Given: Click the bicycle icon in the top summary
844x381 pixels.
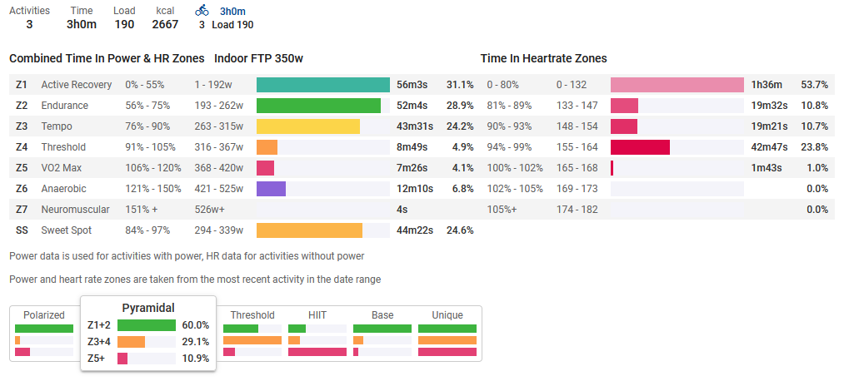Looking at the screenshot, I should tap(202, 11).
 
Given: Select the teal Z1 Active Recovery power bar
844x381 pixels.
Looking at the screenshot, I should tap(322, 85).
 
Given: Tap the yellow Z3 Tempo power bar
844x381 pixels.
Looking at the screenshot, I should tap(307, 126).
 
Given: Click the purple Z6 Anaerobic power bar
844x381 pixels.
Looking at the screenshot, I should tap(271, 189).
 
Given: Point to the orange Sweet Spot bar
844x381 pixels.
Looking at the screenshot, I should tap(309, 230).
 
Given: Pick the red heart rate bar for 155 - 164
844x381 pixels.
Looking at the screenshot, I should tap(640, 147).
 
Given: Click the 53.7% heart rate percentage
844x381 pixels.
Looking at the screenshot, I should tap(814, 85).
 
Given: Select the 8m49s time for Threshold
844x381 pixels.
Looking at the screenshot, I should tap(412, 147).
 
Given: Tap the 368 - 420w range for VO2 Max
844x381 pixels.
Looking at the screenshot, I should tap(218, 168).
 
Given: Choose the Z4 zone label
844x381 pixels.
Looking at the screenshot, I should tap(22, 147).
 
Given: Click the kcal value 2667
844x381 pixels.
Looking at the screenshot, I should tap(165, 25).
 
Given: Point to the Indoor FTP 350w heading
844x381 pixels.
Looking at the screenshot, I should tap(258, 59).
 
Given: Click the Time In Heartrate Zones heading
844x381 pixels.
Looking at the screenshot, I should tap(543, 59).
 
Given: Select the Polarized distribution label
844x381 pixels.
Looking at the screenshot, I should tap(44, 315).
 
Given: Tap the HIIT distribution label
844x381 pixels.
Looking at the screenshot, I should tap(317, 315).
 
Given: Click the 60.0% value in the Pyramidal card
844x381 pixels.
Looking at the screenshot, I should tap(195, 325).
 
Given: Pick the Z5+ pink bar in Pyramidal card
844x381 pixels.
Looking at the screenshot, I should tap(122, 359).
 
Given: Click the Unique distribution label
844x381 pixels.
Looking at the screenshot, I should tap(447, 315).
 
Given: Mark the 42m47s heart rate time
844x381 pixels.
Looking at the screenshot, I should tap(767, 147).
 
